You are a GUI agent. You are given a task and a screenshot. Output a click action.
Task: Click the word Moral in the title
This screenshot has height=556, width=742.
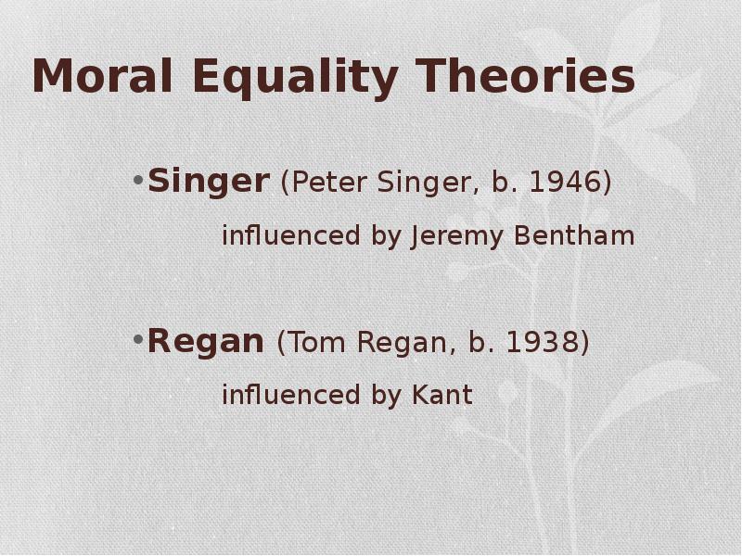tap(102, 76)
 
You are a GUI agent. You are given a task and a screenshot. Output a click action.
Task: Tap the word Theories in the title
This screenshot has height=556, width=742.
tap(527, 76)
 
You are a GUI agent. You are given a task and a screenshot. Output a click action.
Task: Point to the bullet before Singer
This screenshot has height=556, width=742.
tap(138, 180)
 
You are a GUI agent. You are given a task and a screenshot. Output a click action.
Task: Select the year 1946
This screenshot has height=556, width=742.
tap(565, 182)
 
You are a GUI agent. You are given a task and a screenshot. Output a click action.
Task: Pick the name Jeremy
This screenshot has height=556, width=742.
tap(456, 237)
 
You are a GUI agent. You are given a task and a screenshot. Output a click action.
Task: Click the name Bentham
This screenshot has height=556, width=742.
tap(574, 235)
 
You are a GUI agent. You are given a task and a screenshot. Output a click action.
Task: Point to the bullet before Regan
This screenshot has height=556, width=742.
tap(138, 339)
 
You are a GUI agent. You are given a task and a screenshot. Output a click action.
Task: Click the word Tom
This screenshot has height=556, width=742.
tap(315, 342)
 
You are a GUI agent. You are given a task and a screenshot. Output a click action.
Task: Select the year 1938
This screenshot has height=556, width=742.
tap(543, 342)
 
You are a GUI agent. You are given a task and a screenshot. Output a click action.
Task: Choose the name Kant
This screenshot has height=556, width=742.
tap(442, 395)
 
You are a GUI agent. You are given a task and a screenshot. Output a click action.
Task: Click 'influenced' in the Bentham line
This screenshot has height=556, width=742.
tap(291, 235)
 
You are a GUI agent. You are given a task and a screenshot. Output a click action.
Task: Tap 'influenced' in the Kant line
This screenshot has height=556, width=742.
tap(291, 395)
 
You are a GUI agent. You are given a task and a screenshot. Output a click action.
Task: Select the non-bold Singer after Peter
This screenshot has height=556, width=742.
tap(429, 183)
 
